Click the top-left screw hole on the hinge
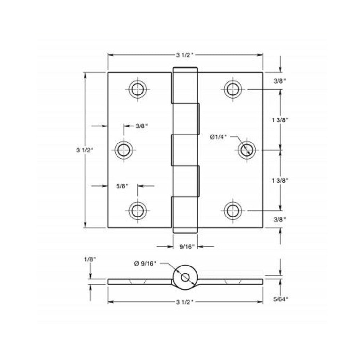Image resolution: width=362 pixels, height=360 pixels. [137, 89]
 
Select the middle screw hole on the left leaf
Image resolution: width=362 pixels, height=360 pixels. [124, 149]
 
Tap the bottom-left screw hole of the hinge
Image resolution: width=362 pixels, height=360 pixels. [137, 210]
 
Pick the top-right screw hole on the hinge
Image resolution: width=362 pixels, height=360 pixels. [233, 89]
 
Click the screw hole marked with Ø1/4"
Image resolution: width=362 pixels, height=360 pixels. [247, 149]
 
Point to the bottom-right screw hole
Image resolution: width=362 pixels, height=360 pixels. [233, 210]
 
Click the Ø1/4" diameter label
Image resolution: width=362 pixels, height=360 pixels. [218, 137]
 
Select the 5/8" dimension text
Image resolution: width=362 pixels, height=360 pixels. [122, 186]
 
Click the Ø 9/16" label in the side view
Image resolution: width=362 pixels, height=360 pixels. [145, 264]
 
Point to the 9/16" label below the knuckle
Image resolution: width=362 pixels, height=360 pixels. [187, 247]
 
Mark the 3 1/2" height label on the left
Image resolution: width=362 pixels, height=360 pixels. [85, 150]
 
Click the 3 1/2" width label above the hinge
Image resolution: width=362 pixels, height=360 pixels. [185, 55]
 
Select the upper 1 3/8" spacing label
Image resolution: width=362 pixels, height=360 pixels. [281, 121]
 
